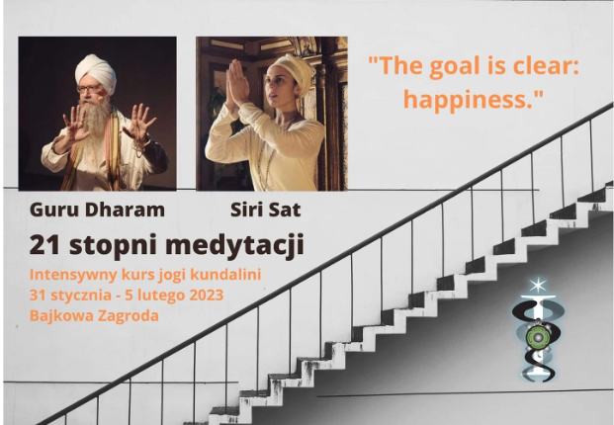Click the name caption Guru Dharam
[97, 210]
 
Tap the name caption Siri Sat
[266, 210]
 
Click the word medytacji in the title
[234, 246]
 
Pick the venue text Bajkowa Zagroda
[94, 315]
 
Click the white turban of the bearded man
[96, 73]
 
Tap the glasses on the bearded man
[89, 89]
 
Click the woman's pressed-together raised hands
[237, 81]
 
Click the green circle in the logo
[537, 336]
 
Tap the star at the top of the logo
[538, 285]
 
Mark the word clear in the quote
[546, 65]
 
